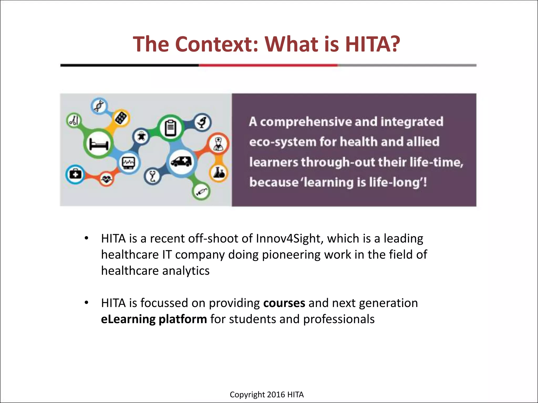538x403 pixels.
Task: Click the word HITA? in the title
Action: [372, 44]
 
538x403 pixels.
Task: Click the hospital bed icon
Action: [99, 144]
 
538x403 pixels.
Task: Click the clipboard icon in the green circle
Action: [170, 128]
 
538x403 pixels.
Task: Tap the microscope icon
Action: [203, 122]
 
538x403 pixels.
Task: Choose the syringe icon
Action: [201, 192]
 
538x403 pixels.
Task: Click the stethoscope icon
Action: [153, 176]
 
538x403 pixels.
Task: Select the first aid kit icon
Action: [75, 174]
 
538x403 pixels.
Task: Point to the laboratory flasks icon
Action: [219, 173]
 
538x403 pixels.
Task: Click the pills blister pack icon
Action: [121, 118]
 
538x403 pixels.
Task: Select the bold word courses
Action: [284, 303]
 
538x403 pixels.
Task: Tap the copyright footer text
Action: [266, 394]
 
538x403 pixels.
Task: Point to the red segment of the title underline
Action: [268, 65]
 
